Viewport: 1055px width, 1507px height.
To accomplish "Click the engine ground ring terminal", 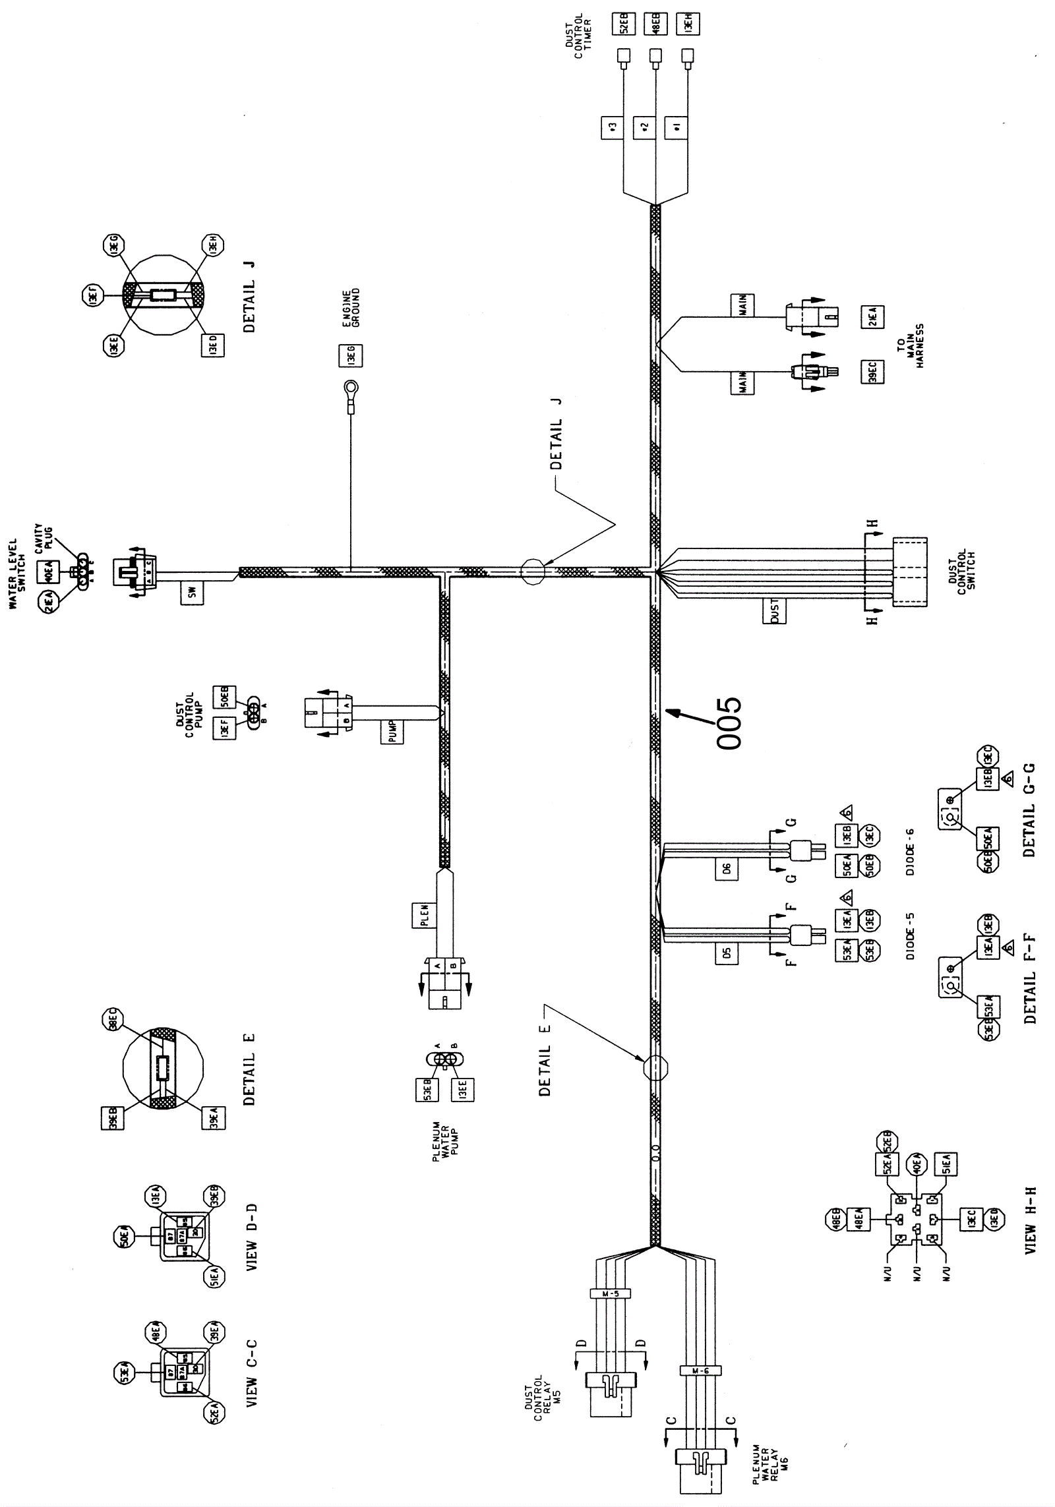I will [x=351, y=388].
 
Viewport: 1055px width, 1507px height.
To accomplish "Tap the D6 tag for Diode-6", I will [x=727, y=868].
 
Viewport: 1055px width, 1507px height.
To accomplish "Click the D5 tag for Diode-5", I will [x=727, y=953].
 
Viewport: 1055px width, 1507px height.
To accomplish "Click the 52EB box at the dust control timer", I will [x=624, y=24].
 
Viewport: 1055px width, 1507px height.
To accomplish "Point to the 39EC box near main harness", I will [x=874, y=372].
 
